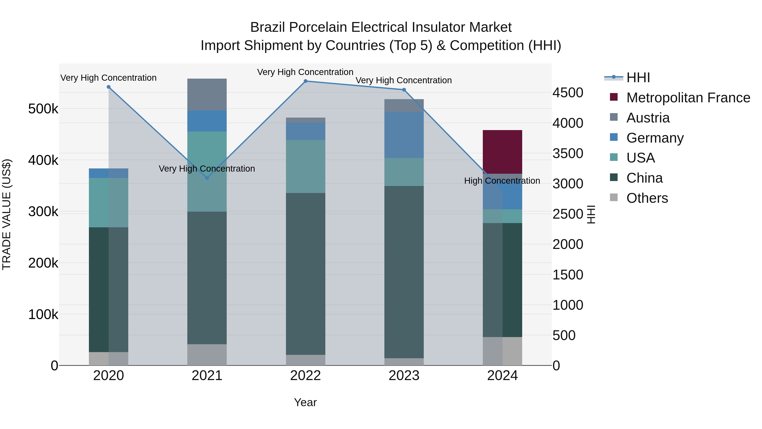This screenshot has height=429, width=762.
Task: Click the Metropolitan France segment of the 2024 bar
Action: [x=502, y=152]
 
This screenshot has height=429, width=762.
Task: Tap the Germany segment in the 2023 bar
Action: [x=404, y=135]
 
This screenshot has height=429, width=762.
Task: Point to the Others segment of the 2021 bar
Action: [x=207, y=354]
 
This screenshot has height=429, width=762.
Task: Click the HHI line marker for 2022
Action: [x=306, y=81]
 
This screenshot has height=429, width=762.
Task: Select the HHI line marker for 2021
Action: [x=207, y=178]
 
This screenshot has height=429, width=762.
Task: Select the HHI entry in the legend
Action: [x=638, y=78]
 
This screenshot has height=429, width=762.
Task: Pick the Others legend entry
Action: [x=647, y=198]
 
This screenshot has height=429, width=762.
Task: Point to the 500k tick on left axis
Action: [x=43, y=109]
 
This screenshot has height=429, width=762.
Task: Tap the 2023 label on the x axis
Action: [x=404, y=376]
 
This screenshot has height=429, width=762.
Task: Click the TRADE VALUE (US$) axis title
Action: [x=7, y=214]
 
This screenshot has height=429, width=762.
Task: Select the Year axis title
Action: [x=305, y=402]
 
